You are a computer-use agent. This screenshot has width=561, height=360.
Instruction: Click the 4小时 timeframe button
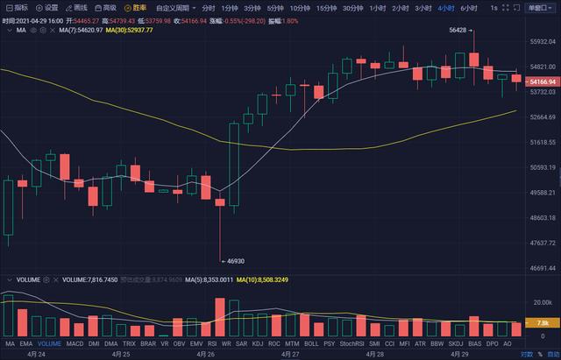tap(445, 8)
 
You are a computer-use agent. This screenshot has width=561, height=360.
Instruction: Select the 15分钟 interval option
tap(327, 8)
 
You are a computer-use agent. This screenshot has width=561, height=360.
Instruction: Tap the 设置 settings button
tap(47, 8)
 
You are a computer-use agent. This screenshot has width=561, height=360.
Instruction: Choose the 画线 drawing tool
tap(77, 8)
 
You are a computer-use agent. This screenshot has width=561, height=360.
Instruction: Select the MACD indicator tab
tap(75, 344)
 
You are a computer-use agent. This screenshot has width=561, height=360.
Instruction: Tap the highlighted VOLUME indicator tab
tap(49, 344)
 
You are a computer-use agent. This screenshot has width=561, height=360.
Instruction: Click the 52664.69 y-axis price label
tap(540, 116)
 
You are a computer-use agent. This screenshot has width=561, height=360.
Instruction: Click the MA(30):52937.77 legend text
tap(129, 30)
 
